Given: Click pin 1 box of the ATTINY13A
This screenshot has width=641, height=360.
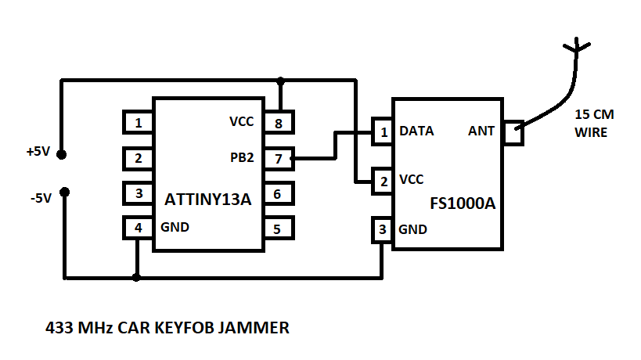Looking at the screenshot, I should point(138,123).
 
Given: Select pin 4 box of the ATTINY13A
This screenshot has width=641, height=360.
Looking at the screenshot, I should point(138,228).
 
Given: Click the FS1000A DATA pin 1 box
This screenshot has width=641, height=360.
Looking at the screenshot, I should point(383,131).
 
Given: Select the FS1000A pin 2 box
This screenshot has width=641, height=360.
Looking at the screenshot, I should point(383,180).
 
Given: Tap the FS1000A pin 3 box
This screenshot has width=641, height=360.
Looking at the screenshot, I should point(382,230).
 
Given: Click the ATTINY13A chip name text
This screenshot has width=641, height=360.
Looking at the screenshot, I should point(207,200).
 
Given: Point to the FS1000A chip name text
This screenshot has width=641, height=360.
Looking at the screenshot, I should point(463,203).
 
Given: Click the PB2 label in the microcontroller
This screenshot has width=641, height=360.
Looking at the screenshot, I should point(241,158).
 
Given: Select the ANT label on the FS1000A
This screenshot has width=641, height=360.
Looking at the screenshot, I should point(481,131).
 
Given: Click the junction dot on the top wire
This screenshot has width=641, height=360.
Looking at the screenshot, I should point(280,81).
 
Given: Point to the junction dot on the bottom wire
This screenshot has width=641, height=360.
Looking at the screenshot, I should point(137,277).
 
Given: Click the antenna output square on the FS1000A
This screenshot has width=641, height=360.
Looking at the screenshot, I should point(513,133).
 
